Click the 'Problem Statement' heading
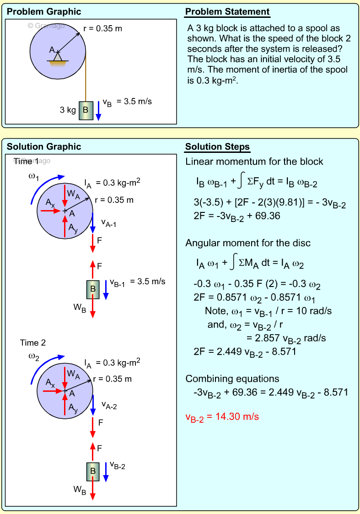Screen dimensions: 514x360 pos(227,12)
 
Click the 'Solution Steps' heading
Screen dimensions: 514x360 pos(217,146)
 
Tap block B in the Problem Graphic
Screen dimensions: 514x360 pos(86,110)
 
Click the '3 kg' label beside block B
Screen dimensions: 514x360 pos(68,110)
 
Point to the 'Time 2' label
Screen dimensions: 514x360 pos(33,343)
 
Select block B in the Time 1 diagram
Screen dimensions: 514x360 pos(93,289)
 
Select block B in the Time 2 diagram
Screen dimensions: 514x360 pos(93,470)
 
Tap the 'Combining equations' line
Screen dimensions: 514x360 pos(232,379)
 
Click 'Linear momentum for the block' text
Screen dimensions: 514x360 pos(254,162)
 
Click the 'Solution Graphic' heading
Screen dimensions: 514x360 pos(44,146)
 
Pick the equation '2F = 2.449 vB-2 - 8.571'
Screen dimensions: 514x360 pos(245,352)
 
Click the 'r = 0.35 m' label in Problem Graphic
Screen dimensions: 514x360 pos(102,29)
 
